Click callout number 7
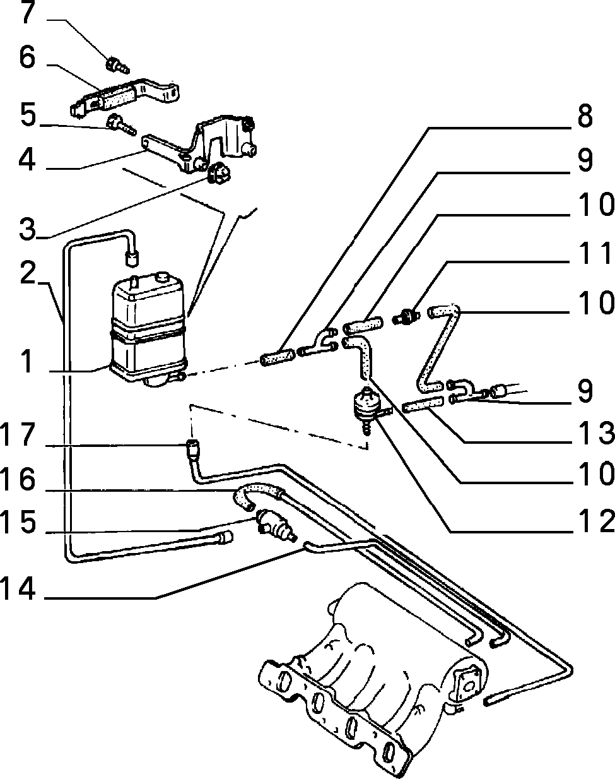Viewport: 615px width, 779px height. point(28,12)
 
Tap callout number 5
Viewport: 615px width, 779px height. point(28,115)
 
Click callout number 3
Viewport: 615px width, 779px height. point(28,229)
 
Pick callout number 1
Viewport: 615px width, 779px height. point(27,361)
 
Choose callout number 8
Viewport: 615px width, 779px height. point(585,116)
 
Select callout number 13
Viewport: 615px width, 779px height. point(594,432)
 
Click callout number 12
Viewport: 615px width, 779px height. point(594,521)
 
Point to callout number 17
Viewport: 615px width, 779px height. point(18,434)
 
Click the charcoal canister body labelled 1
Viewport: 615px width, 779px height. point(148,330)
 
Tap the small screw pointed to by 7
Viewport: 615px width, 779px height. point(117,66)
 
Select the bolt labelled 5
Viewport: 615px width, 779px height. point(121,124)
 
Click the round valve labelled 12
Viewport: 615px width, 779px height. point(368,406)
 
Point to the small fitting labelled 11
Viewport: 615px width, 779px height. point(406,315)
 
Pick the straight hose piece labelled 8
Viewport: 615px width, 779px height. point(276,357)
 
